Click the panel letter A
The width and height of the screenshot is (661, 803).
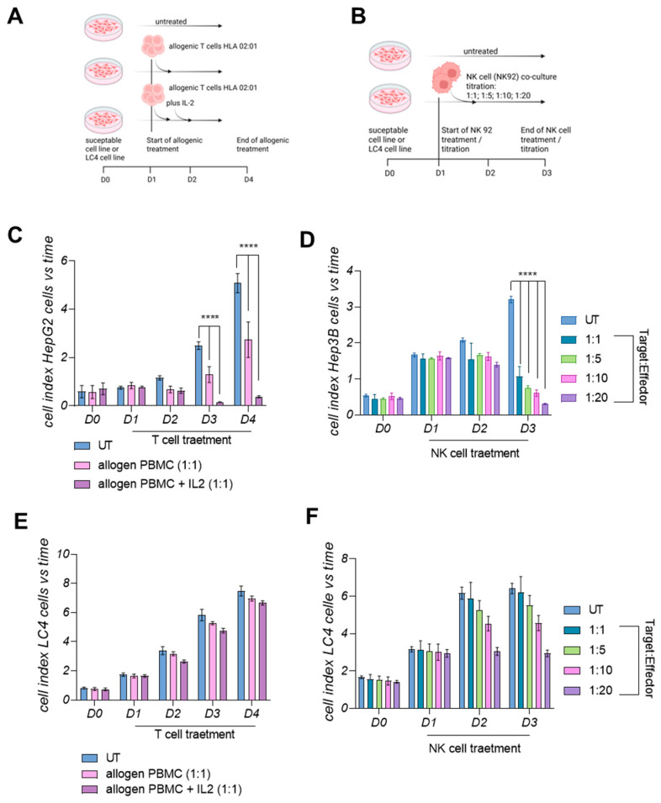15,16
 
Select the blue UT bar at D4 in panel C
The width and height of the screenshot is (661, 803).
236,344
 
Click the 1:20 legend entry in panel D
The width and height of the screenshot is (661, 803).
585,398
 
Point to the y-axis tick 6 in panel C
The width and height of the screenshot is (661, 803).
64,261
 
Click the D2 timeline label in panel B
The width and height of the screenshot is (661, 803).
490,173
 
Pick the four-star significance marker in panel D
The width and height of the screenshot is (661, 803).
527,274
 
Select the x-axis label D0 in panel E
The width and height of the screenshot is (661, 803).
94,713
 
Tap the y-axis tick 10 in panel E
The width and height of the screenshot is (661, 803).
63,554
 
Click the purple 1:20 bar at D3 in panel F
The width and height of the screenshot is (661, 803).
547,680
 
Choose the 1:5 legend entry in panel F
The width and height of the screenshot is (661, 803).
585,650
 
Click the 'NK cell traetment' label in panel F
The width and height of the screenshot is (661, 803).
474,748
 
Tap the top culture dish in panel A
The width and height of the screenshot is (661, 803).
104,27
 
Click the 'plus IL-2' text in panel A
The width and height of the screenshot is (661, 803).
180,103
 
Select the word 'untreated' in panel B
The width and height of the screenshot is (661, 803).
480,51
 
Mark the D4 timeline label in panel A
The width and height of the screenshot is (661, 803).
248,180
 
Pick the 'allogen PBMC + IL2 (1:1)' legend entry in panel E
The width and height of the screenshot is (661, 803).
161,790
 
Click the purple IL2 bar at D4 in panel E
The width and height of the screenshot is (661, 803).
262,651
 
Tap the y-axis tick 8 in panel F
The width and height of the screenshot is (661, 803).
345,558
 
